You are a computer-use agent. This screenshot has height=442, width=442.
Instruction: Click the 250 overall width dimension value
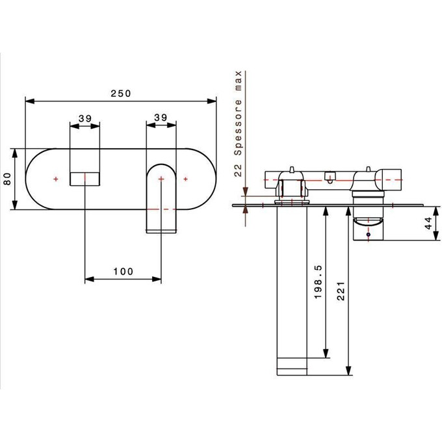click(121, 94)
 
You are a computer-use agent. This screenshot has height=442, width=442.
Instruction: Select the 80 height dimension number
click(7, 179)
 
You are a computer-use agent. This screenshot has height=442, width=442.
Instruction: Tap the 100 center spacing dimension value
click(123, 272)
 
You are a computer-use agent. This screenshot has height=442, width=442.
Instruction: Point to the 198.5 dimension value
click(318, 282)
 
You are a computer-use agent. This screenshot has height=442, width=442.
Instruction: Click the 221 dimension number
click(341, 291)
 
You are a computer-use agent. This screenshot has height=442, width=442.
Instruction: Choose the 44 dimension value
click(428, 223)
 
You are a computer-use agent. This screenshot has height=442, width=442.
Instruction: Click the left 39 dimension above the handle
click(85, 118)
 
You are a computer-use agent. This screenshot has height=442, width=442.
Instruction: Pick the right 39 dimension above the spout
click(161, 117)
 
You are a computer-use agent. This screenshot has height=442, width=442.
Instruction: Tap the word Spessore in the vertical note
click(238, 127)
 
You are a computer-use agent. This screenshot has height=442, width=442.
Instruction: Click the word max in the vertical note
click(238, 81)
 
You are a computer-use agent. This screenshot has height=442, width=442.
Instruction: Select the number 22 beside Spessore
click(238, 170)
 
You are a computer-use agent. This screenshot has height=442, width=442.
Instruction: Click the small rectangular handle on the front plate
click(85, 179)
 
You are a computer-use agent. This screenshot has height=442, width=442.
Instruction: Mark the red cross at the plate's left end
click(56, 179)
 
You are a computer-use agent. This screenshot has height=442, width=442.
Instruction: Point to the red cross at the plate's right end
click(185, 179)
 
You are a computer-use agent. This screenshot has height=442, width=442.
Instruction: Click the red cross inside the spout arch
click(161, 179)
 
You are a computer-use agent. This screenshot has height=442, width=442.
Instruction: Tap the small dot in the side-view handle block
click(368, 234)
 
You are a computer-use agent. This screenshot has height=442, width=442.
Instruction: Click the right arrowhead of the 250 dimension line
click(212, 101)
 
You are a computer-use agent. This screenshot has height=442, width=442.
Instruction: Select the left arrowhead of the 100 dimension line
click(89, 279)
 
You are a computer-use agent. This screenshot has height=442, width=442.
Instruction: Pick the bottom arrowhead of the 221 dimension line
click(348, 370)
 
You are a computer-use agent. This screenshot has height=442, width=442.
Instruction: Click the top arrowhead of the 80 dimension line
click(15, 153)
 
